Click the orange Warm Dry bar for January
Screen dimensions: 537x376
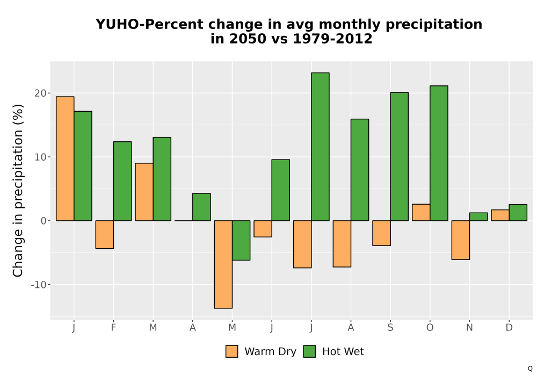coord(65,158)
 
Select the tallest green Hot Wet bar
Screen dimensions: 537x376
coord(320,147)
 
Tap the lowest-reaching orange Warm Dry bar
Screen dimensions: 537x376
coord(223,264)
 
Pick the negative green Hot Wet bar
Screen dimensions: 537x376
coord(241,241)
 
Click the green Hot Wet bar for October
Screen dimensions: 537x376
coord(439,153)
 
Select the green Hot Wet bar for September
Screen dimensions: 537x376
coord(400,156)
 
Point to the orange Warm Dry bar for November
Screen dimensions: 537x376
coord(461,240)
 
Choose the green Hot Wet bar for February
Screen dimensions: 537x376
coord(122,181)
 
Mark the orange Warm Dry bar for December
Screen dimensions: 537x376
coord(500,215)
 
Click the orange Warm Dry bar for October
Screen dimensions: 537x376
coord(421,212)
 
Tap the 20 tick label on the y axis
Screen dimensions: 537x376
coord(40,93)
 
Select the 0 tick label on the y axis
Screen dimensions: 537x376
coord(43,221)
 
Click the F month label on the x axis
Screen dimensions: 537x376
coord(113,328)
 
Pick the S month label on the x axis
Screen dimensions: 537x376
coord(390,328)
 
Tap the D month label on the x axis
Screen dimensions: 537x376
coord(509,328)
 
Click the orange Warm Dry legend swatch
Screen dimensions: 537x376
coord(232,351)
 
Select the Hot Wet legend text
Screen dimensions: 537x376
coord(343,351)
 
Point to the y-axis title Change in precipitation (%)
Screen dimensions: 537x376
coord(18,190)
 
